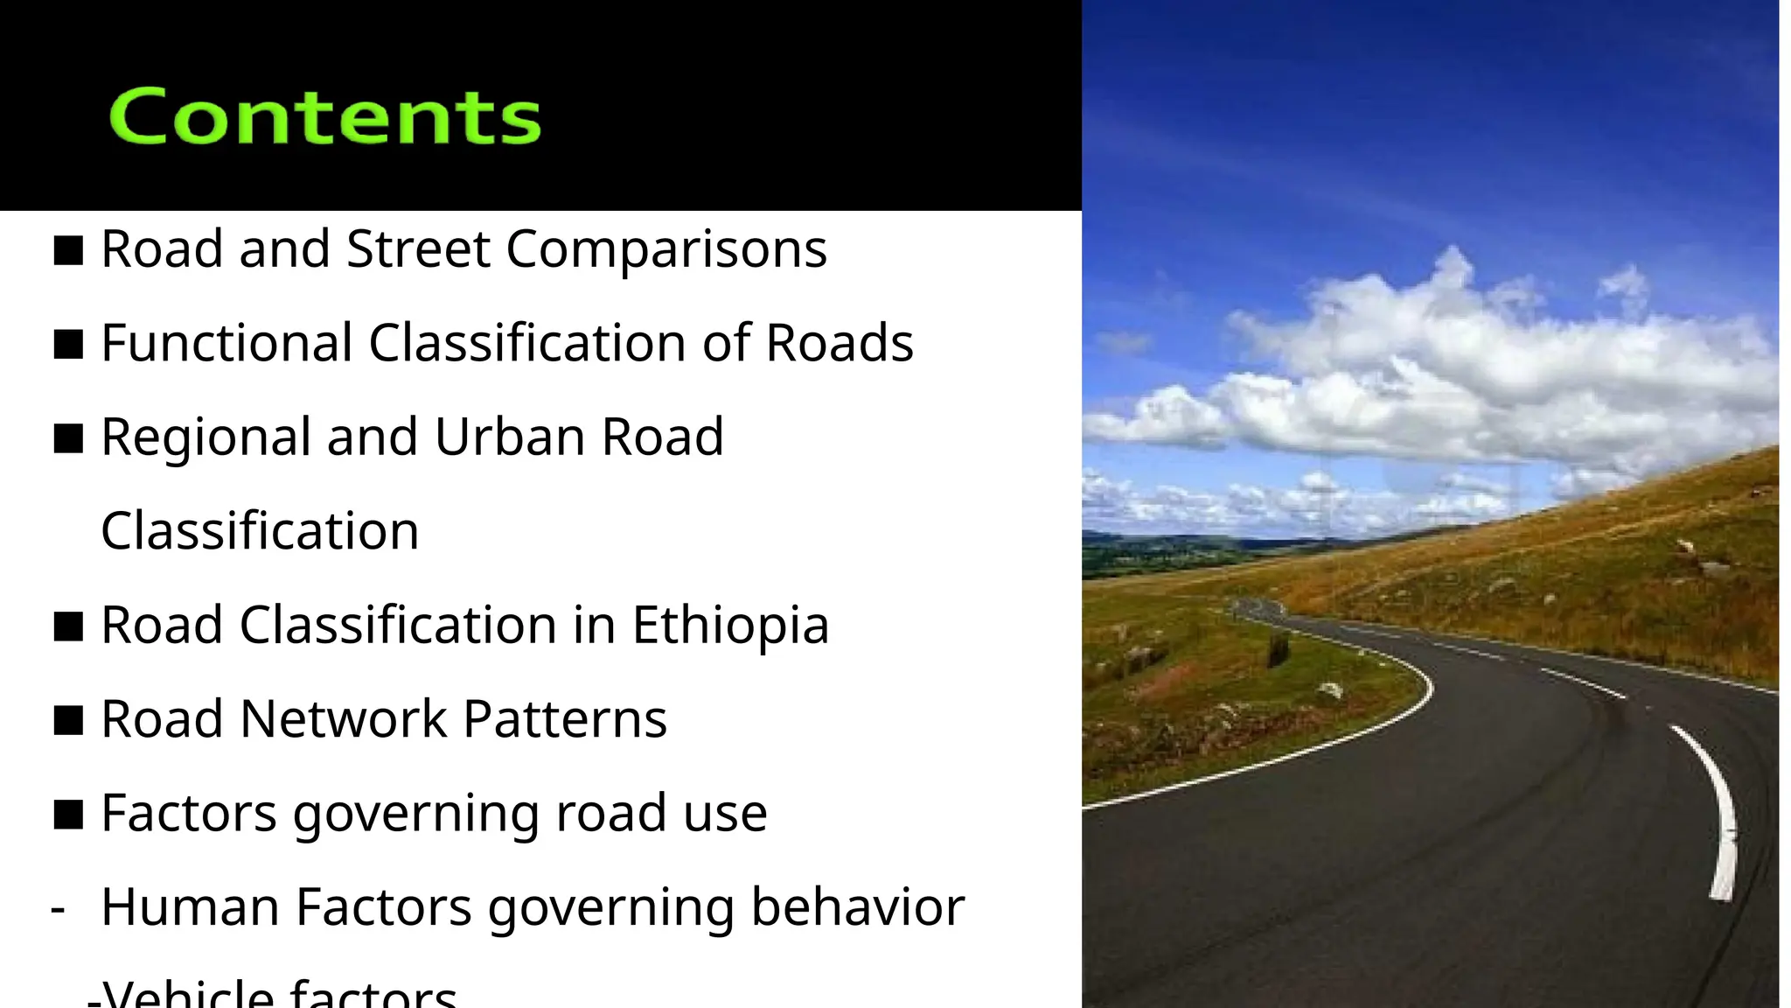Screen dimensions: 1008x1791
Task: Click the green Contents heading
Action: (325, 116)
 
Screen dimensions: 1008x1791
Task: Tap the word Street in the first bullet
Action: (418, 249)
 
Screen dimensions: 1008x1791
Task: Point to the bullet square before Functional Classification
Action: (68, 344)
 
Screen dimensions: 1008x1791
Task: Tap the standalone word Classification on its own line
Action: (260, 531)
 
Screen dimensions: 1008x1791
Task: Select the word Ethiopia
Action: (730, 626)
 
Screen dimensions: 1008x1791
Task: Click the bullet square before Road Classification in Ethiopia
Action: (68, 626)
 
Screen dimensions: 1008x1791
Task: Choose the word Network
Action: (343, 719)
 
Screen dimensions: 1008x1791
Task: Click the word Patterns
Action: (565, 719)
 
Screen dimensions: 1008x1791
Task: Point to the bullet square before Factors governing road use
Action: (68, 815)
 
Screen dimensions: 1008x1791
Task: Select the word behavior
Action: (857, 907)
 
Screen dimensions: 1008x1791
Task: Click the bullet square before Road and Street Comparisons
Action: (68, 250)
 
